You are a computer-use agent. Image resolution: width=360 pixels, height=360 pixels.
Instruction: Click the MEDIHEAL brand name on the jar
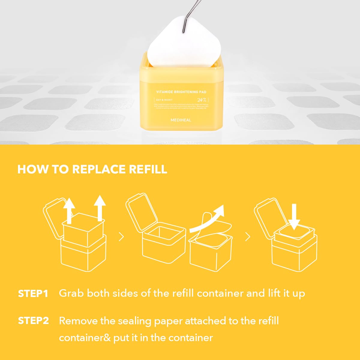(181, 120)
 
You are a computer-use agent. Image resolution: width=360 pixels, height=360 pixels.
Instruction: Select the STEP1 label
(33, 293)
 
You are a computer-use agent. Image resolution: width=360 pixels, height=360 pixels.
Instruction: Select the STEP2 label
(33, 321)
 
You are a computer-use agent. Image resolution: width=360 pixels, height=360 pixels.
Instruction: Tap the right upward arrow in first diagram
(100, 208)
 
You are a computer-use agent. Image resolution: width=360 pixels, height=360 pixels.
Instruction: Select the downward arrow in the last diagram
(294, 216)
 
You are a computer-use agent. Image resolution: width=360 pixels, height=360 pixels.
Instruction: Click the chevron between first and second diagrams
(121, 237)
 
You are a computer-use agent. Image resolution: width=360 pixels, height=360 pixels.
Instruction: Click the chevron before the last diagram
(247, 237)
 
